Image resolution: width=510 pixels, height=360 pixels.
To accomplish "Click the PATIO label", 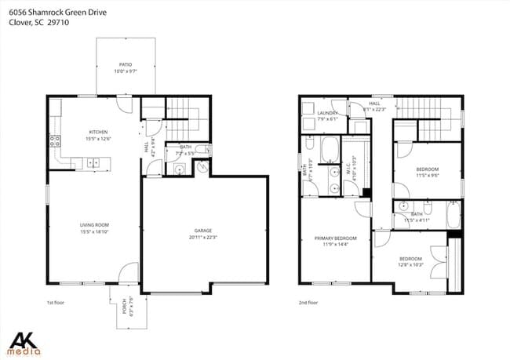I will pos(125,64).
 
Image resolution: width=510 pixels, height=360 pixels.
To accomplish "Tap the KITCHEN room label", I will pos(98,132).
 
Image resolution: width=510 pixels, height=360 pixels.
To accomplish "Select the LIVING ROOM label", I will pos(93,225).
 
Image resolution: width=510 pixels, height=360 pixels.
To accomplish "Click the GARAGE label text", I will pos(203,231).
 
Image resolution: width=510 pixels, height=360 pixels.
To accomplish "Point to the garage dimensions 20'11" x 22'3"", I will pos(203,237).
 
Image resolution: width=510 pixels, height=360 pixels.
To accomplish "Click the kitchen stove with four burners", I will pos(56,142).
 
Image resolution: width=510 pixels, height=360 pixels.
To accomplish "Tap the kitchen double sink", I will pos(93,163).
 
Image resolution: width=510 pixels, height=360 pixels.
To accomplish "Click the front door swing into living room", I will pos(125,274).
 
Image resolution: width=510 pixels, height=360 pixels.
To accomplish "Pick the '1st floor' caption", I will pos(56,302).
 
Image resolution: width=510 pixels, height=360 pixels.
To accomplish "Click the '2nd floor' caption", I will pos(308,302).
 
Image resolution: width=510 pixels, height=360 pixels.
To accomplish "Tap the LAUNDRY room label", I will pos(327,113).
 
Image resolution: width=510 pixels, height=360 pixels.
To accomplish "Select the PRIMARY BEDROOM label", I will pos(336,238).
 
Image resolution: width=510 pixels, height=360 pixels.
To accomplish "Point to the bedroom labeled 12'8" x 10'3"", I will pos(410,259).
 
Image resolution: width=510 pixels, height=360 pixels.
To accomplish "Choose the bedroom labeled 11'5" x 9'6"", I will pos(427,169).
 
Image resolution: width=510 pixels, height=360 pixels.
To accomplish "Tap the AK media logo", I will pos(27,342).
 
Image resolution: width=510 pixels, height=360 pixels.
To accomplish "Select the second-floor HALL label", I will pos(374,104).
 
